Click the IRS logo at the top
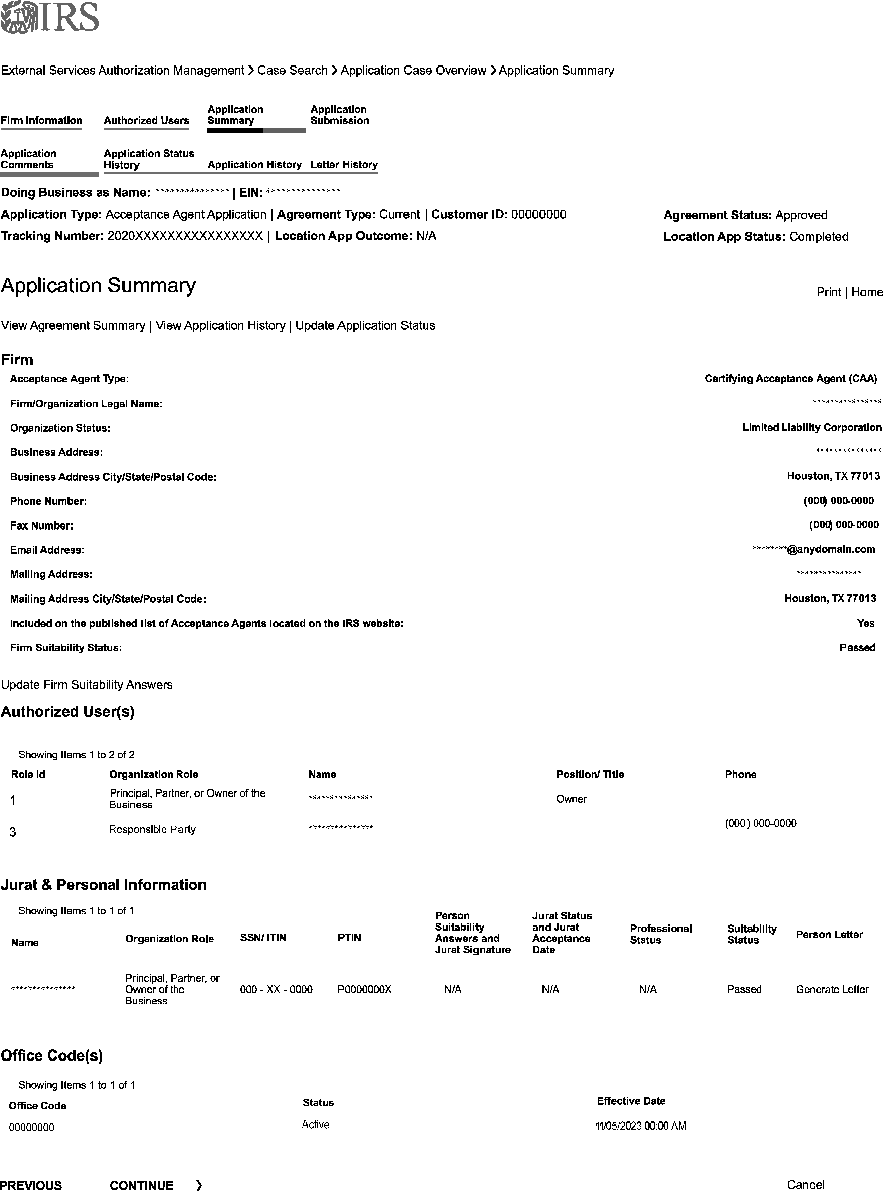(50, 17)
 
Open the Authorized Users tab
(146, 120)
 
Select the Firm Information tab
(41, 120)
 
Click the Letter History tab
(344, 165)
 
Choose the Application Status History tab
(149, 159)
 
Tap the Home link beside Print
(867, 292)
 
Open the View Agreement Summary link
(73, 326)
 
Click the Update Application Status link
(365, 326)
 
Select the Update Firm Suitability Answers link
(87, 685)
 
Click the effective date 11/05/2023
(641, 1126)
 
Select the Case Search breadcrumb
(292, 71)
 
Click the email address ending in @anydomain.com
(813, 549)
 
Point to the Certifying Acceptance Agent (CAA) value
(790, 379)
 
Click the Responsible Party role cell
(153, 829)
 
